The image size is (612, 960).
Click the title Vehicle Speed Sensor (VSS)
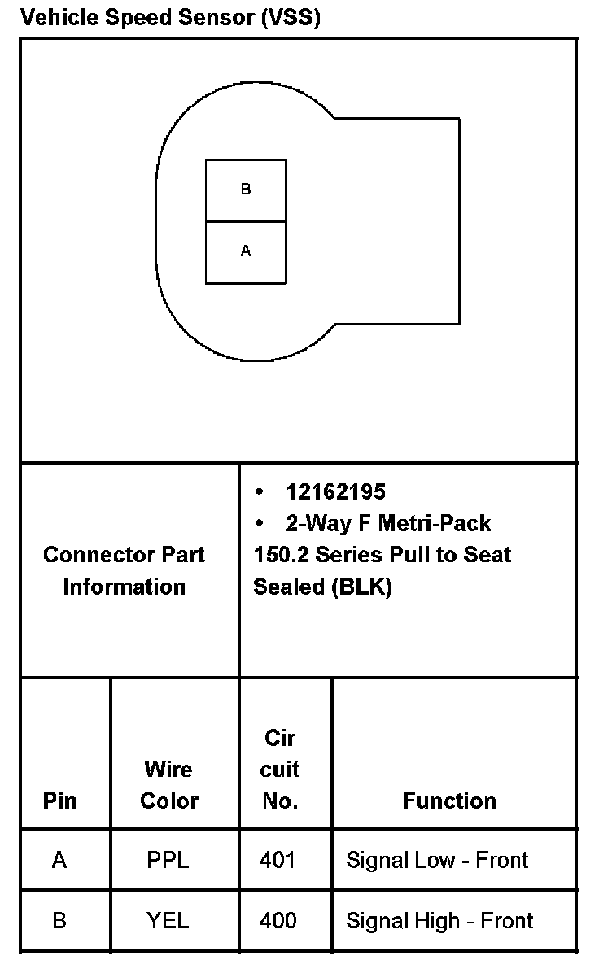[170, 18]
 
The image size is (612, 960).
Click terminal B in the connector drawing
[246, 190]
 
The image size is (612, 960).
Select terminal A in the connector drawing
[246, 252]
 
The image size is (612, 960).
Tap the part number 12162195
[335, 491]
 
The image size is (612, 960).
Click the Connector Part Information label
[124, 570]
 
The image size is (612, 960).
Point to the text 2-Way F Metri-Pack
[387, 522]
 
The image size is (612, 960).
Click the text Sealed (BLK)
[322, 587]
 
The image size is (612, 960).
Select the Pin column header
[60, 801]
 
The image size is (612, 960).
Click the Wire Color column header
[169, 785]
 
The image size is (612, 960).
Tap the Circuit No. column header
[280, 770]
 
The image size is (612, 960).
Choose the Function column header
[449, 801]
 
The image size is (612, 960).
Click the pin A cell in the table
[59, 860]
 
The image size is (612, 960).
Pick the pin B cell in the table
[59, 921]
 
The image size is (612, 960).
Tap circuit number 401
[278, 860]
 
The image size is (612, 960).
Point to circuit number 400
[278, 921]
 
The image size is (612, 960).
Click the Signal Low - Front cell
[437, 860]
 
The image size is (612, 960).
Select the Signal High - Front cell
[439, 921]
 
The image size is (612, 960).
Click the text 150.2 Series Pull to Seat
[382, 555]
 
